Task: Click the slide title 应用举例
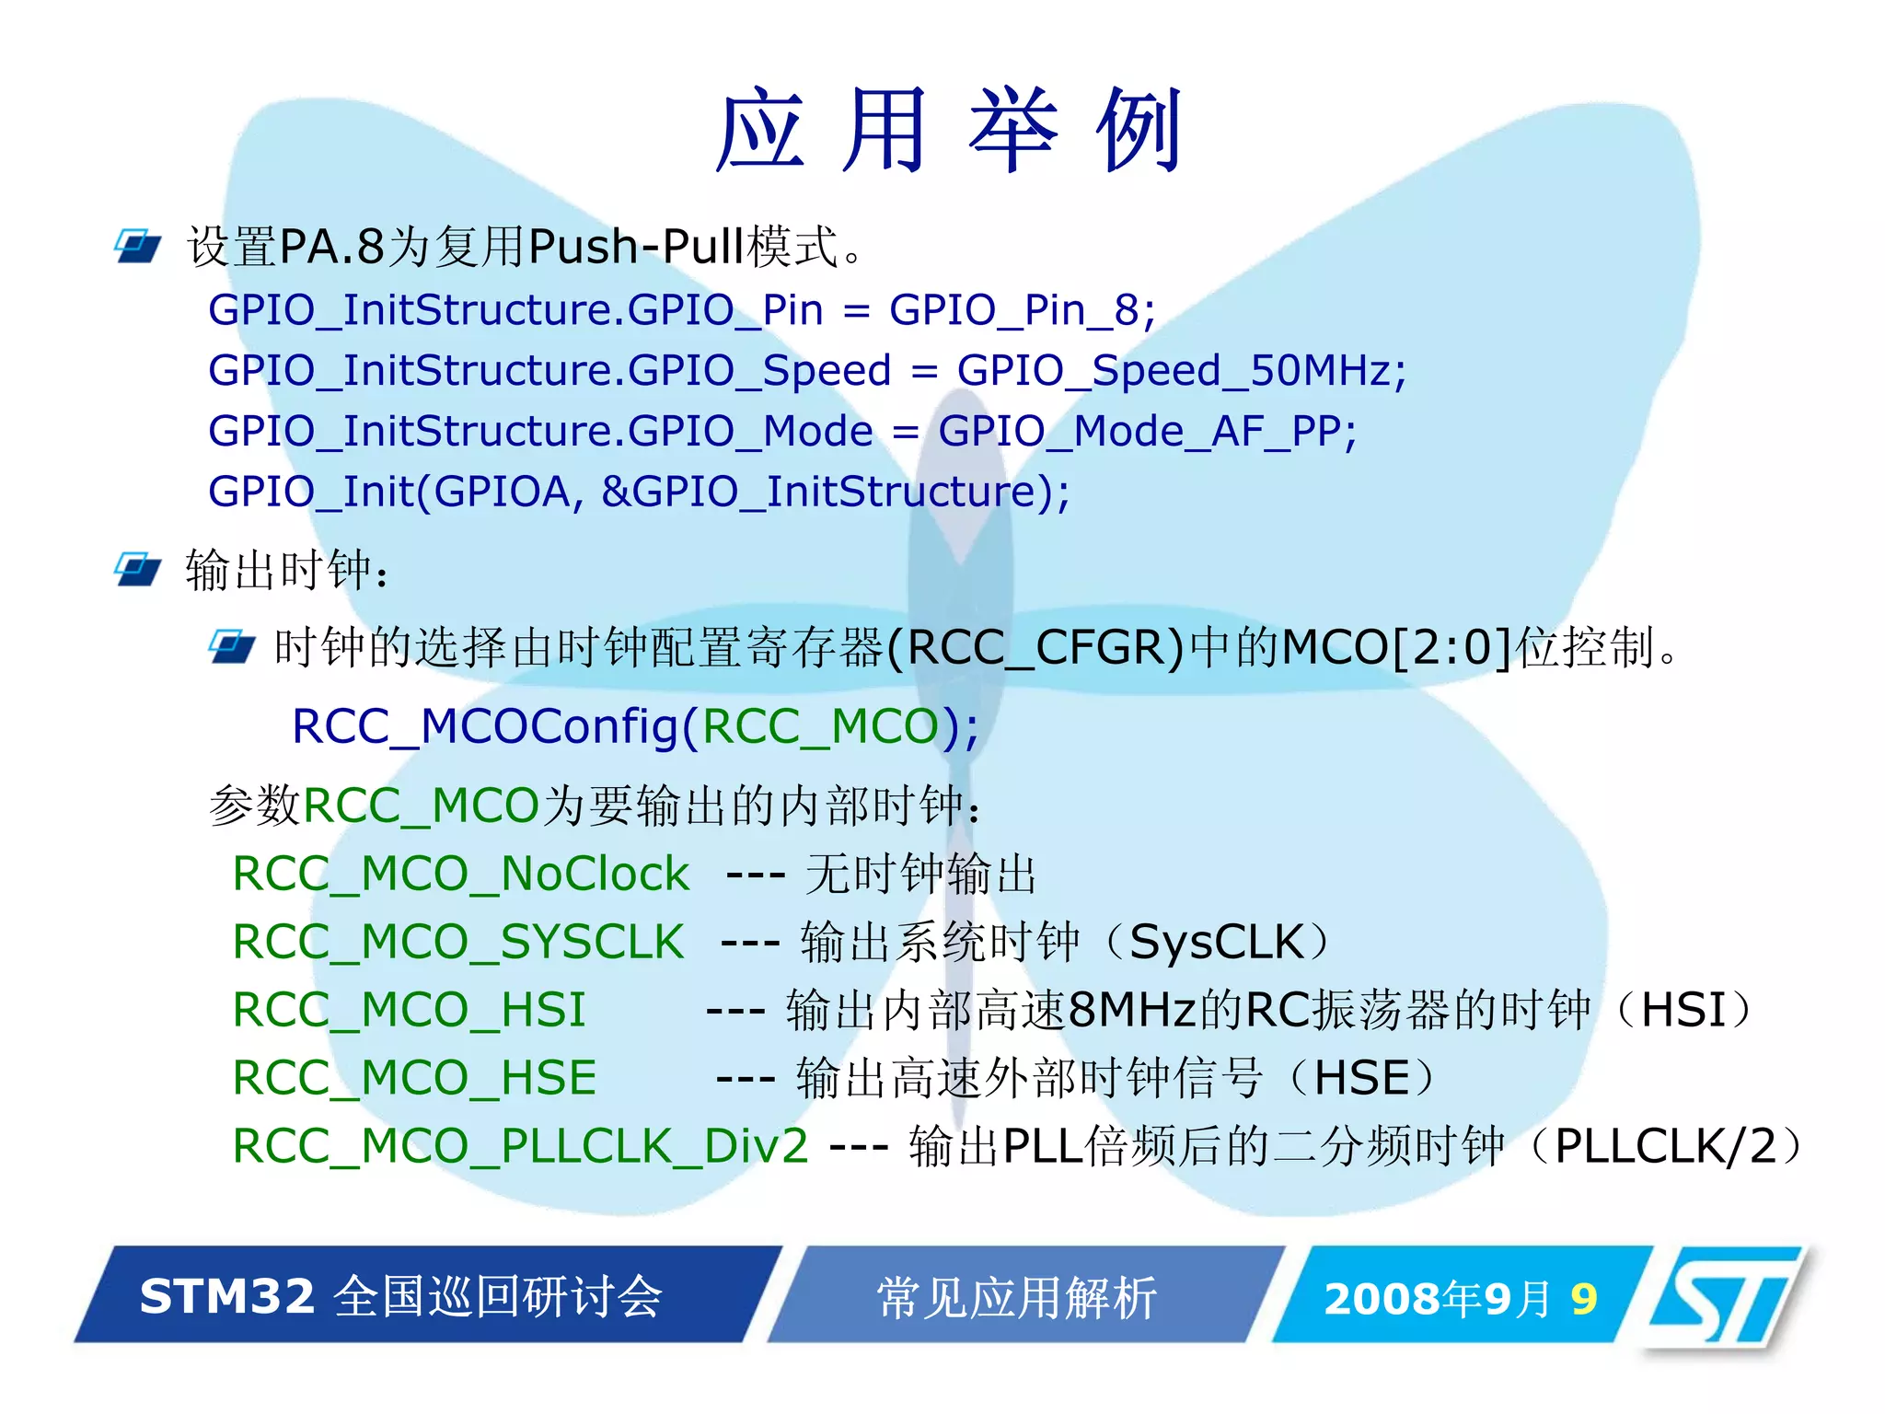[948, 131]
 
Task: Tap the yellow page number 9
[1583, 1299]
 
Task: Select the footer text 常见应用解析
[1016, 1298]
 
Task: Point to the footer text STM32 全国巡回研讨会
[401, 1296]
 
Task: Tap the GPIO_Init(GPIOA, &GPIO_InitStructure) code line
[639, 492]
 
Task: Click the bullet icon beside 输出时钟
[137, 569]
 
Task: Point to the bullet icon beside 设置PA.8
[137, 246]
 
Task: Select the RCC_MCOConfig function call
[635, 726]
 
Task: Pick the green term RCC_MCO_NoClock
[460, 874]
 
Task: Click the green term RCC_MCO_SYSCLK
[458, 942]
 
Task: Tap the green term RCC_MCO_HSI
[409, 1010]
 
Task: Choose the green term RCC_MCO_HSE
[414, 1078]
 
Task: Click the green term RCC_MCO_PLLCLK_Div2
[520, 1146]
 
